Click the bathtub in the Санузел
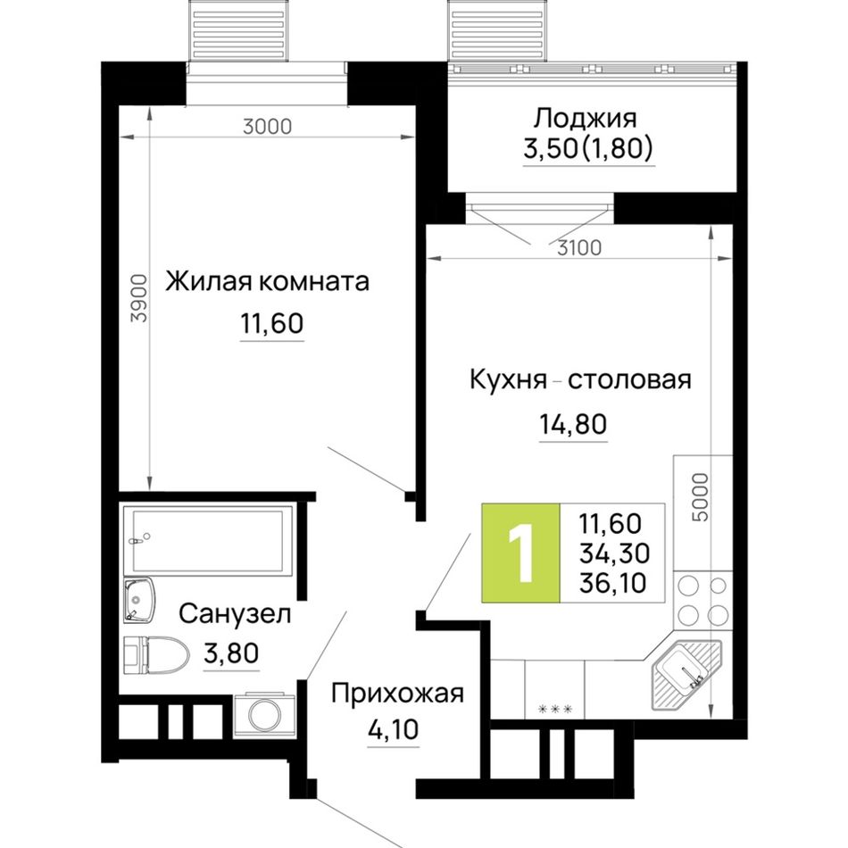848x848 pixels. [x=209, y=540]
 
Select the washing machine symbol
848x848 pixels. [x=264, y=715]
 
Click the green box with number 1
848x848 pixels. [x=521, y=553]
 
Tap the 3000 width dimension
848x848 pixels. [x=267, y=127]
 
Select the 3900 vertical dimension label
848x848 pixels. [x=140, y=298]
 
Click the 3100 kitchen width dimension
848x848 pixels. [x=579, y=247]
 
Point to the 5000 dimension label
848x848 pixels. [x=700, y=497]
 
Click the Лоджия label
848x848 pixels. [x=586, y=119]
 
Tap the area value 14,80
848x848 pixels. [x=573, y=424]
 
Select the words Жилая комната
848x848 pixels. [x=267, y=282]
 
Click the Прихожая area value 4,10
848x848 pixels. [x=393, y=729]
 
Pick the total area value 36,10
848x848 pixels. [x=612, y=583]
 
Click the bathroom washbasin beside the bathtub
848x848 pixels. [x=139, y=599]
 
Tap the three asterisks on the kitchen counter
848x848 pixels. [x=555, y=709]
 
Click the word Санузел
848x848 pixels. [x=235, y=614]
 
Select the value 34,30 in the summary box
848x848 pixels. [x=614, y=553]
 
